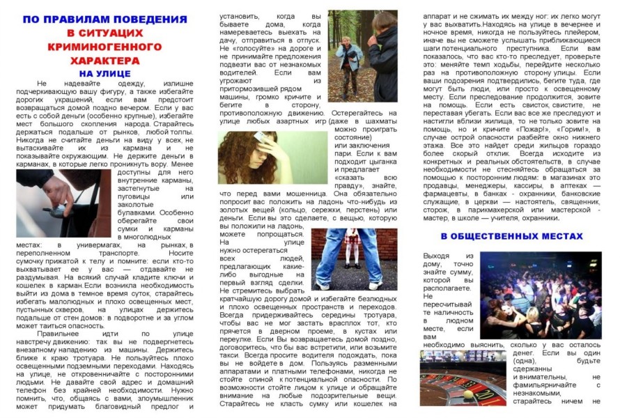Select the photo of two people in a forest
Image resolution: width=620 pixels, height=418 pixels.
363,56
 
